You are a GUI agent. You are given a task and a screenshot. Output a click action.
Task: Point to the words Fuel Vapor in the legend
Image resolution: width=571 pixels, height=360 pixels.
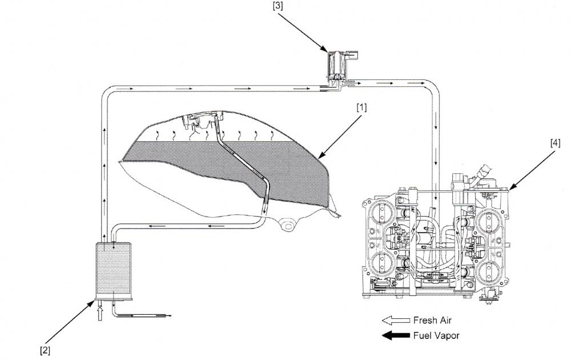[436, 335]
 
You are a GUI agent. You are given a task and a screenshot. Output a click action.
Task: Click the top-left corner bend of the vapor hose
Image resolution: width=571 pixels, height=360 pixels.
[107, 91]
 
